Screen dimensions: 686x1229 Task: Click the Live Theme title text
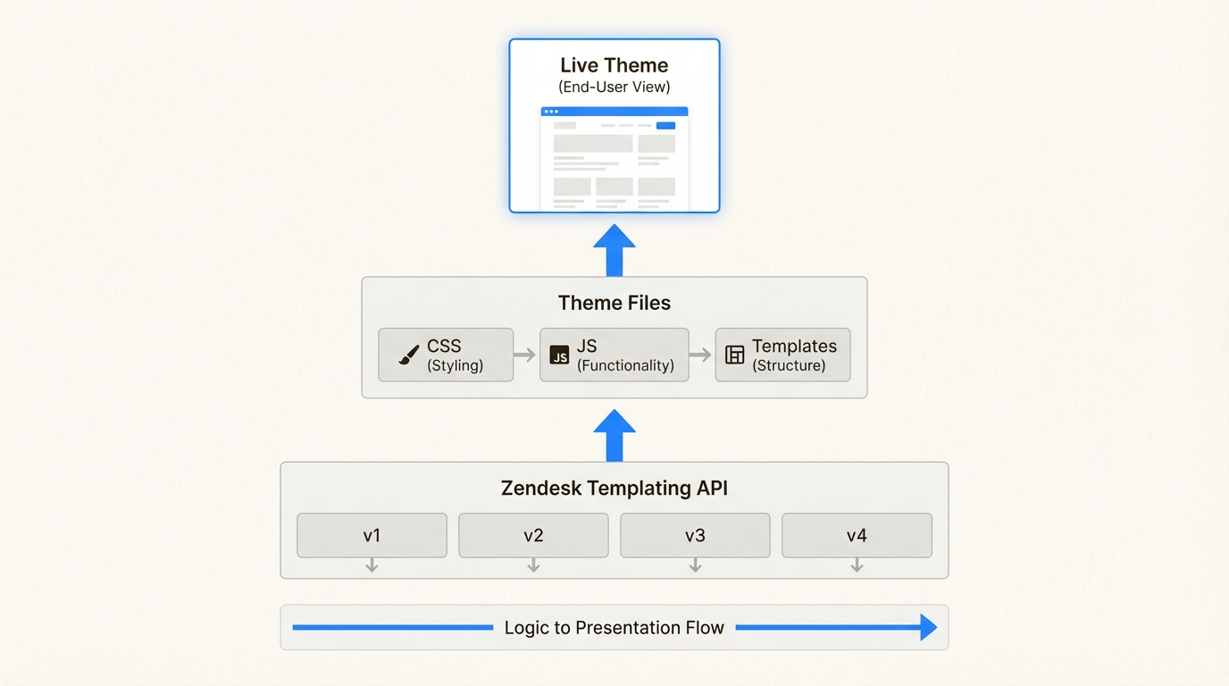point(614,65)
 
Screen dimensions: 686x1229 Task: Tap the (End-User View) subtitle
point(614,88)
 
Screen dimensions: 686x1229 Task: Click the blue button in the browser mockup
point(665,126)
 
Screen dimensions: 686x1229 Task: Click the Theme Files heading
point(614,303)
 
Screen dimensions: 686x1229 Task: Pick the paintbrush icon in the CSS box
point(409,356)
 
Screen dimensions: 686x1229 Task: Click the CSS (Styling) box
point(446,355)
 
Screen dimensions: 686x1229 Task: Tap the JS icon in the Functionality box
point(559,356)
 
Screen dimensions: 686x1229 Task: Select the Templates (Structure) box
point(782,355)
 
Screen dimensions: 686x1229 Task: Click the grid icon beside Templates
point(734,356)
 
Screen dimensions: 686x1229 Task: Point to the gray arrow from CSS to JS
point(524,356)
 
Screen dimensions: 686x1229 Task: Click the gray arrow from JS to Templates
point(700,356)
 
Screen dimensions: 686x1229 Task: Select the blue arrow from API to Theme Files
point(614,435)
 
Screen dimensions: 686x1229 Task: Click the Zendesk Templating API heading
point(614,489)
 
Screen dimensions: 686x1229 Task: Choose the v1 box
point(372,535)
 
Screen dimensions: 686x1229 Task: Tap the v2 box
point(533,535)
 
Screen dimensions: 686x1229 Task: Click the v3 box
point(695,535)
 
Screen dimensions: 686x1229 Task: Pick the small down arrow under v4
point(856,565)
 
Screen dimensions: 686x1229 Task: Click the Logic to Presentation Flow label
point(614,628)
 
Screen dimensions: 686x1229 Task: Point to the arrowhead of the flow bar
point(928,628)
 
